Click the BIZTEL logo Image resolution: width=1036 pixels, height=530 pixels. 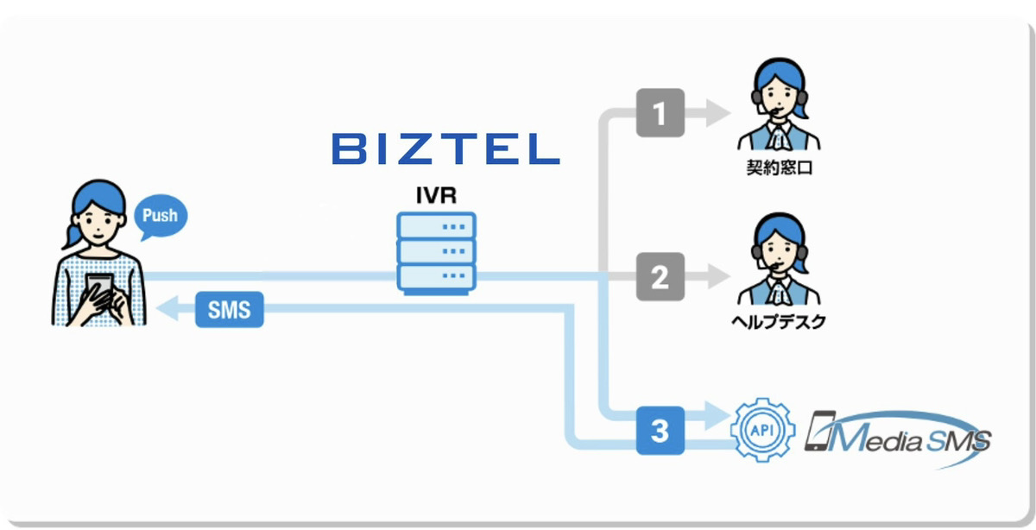(445, 148)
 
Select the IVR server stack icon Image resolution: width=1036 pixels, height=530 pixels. (436, 252)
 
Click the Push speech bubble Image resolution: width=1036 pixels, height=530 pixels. (160, 216)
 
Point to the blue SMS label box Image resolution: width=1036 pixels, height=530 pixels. (229, 310)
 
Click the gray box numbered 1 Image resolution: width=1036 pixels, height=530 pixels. (660, 112)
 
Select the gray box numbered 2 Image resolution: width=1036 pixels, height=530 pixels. (660, 277)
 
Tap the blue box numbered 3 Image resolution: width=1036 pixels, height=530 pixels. (660, 430)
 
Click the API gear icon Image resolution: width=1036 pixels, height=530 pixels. (758, 430)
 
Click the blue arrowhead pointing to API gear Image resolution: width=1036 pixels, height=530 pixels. (717, 413)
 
